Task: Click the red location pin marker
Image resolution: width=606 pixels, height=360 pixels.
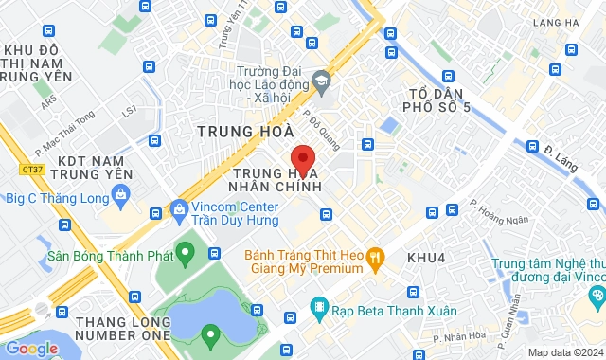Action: pyautogui.click(x=301, y=158)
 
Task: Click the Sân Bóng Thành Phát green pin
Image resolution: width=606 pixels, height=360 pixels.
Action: pyautogui.click(x=186, y=252)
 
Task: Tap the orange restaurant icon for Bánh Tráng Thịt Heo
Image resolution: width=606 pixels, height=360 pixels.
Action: pyautogui.click(x=376, y=255)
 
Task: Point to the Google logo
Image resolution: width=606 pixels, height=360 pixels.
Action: pyautogui.click(x=31, y=348)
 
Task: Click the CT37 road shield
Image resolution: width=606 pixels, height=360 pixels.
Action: pyautogui.click(x=31, y=170)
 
